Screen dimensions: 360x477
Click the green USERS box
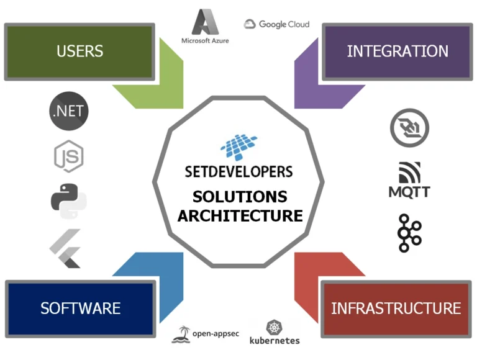79,52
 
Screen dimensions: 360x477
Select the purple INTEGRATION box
397,52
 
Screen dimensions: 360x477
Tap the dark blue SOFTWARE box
80,308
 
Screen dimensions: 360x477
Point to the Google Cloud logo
276,24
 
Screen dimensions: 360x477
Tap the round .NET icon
69,112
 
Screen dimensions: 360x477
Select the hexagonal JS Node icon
68,156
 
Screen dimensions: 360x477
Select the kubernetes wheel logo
275,332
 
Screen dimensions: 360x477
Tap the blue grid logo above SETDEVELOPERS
238,145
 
